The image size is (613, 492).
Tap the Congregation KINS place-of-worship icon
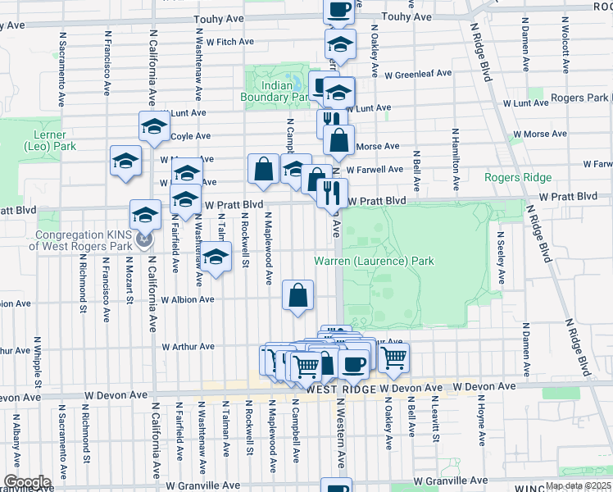point(145,239)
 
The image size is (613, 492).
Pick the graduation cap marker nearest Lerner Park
point(125,161)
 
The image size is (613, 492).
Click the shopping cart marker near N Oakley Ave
point(393,358)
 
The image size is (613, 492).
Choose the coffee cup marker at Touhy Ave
point(338,10)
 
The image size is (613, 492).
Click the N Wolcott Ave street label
point(565,51)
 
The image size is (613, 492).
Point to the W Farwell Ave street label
point(375,170)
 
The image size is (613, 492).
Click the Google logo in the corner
point(27,482)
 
